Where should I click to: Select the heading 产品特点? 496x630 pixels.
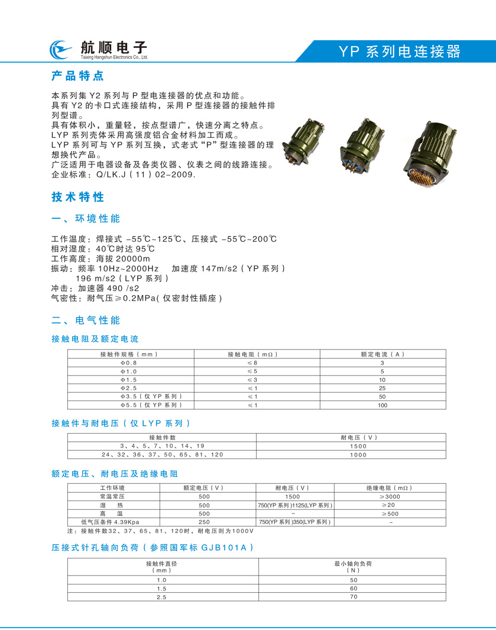(77, 76)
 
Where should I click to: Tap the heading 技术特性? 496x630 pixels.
(77, 197)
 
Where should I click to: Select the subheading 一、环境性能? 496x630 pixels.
(86, 219)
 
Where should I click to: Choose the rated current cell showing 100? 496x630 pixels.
(382, 405)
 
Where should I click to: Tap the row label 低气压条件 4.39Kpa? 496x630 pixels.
(113, 522)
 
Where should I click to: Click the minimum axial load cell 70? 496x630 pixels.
(354, 597)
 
